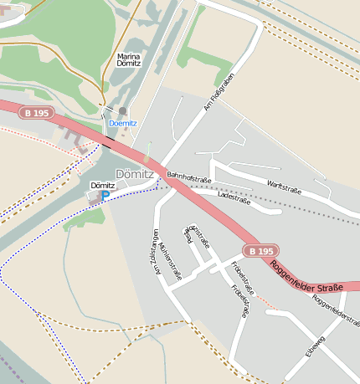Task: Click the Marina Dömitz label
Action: [128, 59]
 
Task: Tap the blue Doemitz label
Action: [124, 123]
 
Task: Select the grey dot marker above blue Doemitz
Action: [123, 110]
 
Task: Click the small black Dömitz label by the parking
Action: [101, 184]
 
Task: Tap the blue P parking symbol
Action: [105, 195]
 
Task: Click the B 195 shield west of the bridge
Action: [39, 112]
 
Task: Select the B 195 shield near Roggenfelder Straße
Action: [260, 250]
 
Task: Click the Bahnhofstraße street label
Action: [188, 177]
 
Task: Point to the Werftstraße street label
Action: [284, 190]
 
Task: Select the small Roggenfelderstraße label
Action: [334, 310]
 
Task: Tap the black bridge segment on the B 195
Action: [105, 146]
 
